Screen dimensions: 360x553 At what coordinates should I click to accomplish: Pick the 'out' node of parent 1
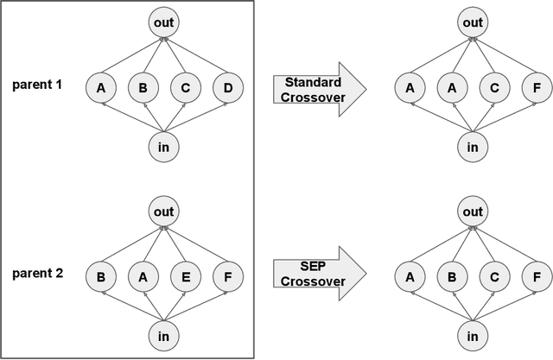tap(163, 23)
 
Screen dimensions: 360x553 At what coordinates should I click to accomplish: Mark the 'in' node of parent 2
tap(163, 333)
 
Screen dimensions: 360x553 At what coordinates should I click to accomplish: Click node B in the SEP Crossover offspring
tap(450, 278)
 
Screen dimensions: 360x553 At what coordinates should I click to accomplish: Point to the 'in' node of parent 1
tap(163, 147)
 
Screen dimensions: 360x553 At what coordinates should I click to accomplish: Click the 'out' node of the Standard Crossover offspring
tap(473, 23)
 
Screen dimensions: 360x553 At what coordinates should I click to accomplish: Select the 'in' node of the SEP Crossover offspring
tap(473, 333)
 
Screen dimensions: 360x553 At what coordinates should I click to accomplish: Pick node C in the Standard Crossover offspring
tap(493, 87)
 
